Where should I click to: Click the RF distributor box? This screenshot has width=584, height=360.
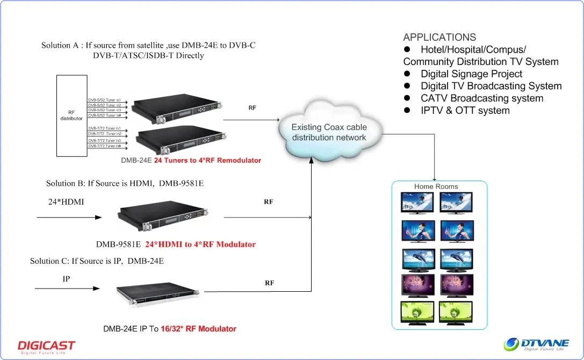pos(71,116)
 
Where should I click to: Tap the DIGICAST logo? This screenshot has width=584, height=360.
pos(46,346)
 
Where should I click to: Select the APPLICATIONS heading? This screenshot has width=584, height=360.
pos(439,37)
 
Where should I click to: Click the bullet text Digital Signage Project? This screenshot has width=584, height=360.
pos(471,74)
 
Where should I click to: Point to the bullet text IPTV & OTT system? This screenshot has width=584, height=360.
pos(465,110)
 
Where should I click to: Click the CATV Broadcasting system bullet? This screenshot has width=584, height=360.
pos(481,98)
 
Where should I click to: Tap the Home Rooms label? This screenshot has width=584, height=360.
pos(436,186)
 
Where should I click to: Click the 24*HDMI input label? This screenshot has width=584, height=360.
pos(66,203)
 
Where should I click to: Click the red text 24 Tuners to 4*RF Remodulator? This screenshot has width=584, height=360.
pos(207,160)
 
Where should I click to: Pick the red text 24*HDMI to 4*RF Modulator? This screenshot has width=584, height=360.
pos(200,244)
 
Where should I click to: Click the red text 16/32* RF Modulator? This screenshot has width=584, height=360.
pos(198,328)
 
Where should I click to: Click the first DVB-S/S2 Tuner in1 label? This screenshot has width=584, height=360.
pos(104,100)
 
